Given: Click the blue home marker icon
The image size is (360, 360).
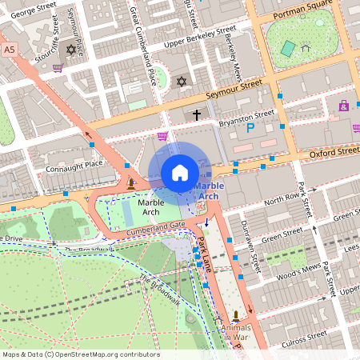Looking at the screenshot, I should point(180,173).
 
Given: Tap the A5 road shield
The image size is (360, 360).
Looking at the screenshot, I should point(10,50).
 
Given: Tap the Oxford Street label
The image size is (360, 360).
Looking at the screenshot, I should point(334,150).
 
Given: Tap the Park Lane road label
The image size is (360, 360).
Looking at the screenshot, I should point(206,255).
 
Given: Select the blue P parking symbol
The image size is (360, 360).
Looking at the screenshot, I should point(250,127).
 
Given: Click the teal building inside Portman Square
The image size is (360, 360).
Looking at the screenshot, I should point(288,49).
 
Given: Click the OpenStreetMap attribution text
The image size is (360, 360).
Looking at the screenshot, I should point(80,354).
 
